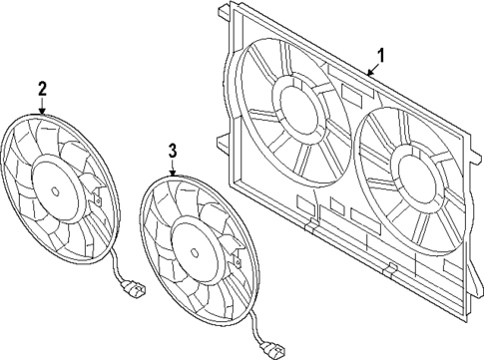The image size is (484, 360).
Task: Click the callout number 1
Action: coord(379,55)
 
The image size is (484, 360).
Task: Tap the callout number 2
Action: coord(42,90)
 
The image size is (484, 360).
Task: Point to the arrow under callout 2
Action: coord(43,107)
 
